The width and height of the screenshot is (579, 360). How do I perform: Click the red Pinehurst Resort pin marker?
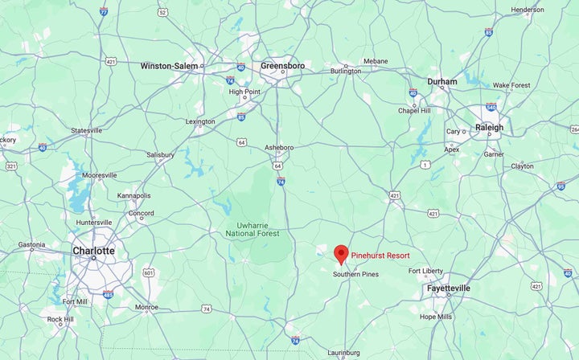(341, 253)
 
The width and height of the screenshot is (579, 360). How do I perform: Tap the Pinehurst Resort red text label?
(380, 256)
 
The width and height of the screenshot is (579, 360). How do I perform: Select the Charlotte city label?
(93, 251)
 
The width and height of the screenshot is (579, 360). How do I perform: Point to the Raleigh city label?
(489, 127)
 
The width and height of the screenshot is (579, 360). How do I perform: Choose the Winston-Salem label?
(169, 66)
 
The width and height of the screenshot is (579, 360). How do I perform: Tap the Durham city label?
(442, 82)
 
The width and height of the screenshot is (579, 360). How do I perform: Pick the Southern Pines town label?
(355, 274)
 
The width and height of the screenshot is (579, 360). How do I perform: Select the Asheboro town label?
(279, 147)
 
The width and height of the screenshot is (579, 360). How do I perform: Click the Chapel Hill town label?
(415, 111)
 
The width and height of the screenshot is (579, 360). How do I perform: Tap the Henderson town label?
(528, 10)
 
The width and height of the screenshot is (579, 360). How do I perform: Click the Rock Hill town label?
(60, 319)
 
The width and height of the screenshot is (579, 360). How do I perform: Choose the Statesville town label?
(86, 130)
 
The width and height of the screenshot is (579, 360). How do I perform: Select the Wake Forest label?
(512, 84)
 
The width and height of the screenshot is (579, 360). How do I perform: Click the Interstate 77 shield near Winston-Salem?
(104, 11)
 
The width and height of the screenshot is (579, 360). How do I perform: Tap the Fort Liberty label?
(426, 271)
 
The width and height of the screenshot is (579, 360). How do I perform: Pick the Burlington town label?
(346, 71)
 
